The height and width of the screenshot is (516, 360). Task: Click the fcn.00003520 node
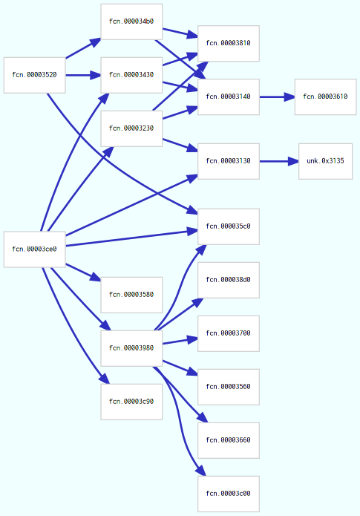(x=35, y=75)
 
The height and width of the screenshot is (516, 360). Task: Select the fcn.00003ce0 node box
(x=35, y=249)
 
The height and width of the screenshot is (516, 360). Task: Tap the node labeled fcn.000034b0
(x=131, y=22)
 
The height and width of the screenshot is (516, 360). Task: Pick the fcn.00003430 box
(x=131, y=75)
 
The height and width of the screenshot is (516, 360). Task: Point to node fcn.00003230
(x=131, y=128)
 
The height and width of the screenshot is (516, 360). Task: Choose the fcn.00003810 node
(x=229, y=43)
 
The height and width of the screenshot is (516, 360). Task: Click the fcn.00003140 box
(x=229, y=97)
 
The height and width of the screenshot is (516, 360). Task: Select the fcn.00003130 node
(x=229, y=161)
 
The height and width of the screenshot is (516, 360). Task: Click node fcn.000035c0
(x=229, y=226)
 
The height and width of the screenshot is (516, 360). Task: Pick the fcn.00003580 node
(x=131, y=295)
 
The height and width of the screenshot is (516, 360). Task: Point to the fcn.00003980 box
(x=131, y=348)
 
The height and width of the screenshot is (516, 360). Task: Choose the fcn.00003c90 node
(x=131, y=402)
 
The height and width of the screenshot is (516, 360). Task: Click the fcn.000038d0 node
(x=229, y=280)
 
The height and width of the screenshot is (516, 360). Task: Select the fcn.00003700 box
(x=229, y=333)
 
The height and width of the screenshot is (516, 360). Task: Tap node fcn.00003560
(x=229, y=387)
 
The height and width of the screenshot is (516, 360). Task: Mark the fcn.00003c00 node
(x=229, y=494)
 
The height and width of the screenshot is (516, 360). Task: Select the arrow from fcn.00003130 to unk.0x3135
(x=278, y=161)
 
